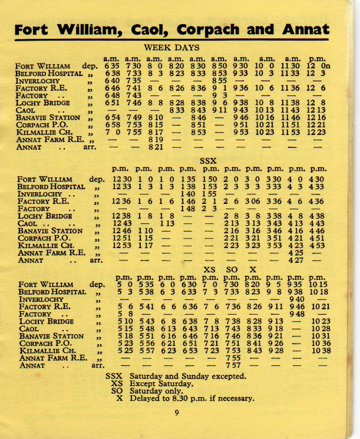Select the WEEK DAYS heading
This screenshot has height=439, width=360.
pyautogui.click(x=171, y=48)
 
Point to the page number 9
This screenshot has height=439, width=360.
pyautogui.click(x=176, y=412)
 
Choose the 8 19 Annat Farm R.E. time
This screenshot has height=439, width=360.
pyautogui.click(x=154, y=140)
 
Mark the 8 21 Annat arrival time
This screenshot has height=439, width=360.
pyautogui.click(x=154, y=147)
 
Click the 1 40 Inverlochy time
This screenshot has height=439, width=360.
pyautogui.click(x=189, y=194)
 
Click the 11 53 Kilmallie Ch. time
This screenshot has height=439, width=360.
pyautogui.click(x=297, y=132)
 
